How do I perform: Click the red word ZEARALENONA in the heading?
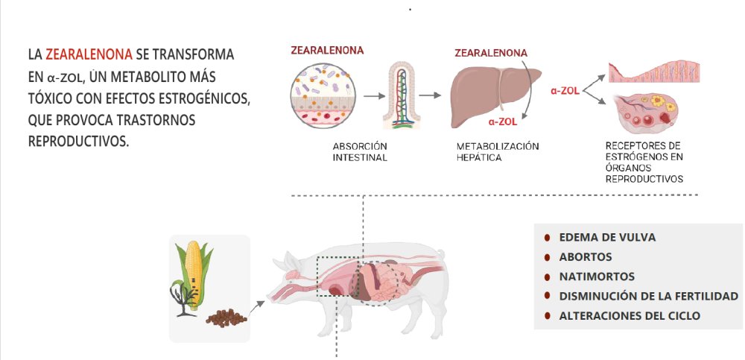point(89,54)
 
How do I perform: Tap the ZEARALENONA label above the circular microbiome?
point(328,51)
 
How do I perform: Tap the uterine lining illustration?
point(653,72)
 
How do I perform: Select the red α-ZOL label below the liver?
point(503,121)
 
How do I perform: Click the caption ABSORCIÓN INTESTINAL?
point(360,151)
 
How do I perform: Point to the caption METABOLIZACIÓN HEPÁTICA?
point(497,151)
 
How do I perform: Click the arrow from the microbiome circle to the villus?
point(374,95)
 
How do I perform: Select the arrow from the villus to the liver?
point(429,95)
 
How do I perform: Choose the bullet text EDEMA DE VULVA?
point(607,237)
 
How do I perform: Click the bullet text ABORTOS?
point(586,256)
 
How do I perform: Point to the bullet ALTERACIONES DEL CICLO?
point(630,315)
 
